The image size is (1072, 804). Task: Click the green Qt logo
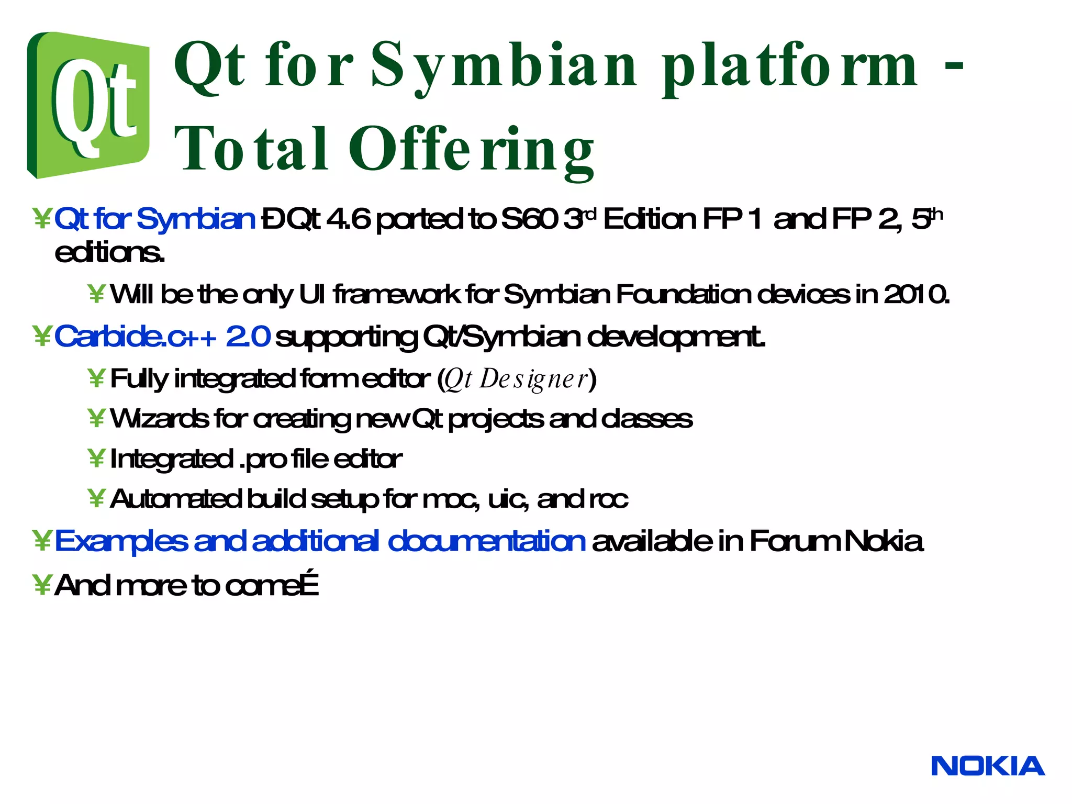pos(88,105)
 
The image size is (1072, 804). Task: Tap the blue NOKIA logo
pos(988,766)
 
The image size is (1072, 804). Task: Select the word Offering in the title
pos(471,150)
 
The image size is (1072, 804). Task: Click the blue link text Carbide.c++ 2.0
pos(162,337)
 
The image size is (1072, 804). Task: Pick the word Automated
pos(176,499)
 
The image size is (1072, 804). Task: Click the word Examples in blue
pos(121,541)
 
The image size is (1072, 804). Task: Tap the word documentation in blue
pos(486,541)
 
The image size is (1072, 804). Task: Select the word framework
pos(396,295)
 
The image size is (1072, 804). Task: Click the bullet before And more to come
pos(41,585)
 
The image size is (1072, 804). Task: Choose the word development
pos(676,337)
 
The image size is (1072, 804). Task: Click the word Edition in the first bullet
pos(650,219)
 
